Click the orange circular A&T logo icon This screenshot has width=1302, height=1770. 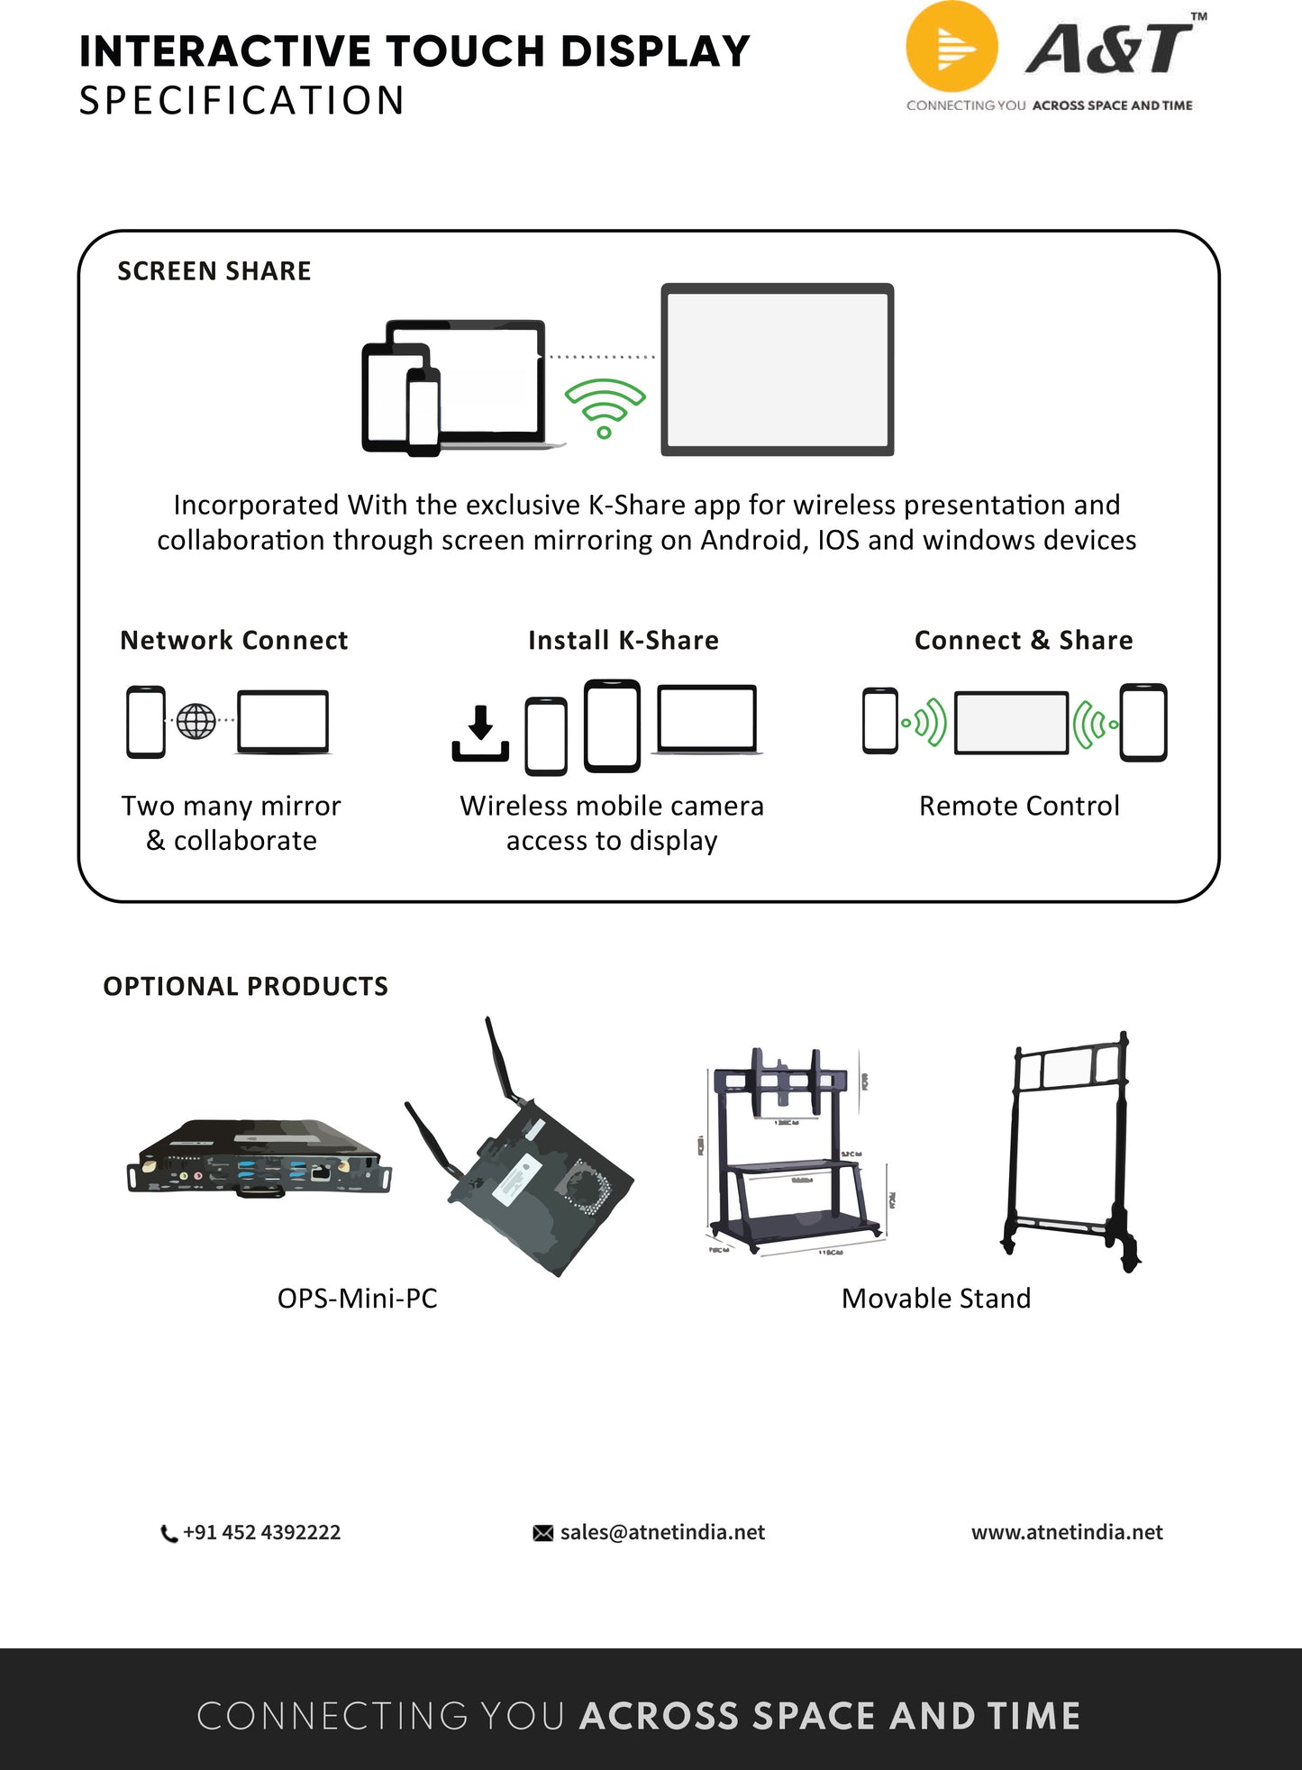[951, 47]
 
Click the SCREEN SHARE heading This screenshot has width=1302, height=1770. [214, 271]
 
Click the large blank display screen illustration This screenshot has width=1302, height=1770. [777, 370]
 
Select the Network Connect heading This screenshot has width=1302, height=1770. [234, 641]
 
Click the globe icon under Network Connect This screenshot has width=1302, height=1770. [196, 721]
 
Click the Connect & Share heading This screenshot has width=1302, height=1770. [1024, 641]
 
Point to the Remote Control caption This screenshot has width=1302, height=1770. [1019, 806]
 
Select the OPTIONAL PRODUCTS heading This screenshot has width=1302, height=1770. [245, 987]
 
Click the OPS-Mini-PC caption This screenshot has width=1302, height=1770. [357, 1299]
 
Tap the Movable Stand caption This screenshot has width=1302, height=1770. [936, 1299]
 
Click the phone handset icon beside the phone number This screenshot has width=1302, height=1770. [168, 1534]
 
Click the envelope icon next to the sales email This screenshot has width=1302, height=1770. [543, 1533]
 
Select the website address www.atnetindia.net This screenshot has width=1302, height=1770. [1067, 1533]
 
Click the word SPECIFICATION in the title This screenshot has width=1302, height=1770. [241, 101]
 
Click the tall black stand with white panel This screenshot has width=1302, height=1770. [1070, 1149]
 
